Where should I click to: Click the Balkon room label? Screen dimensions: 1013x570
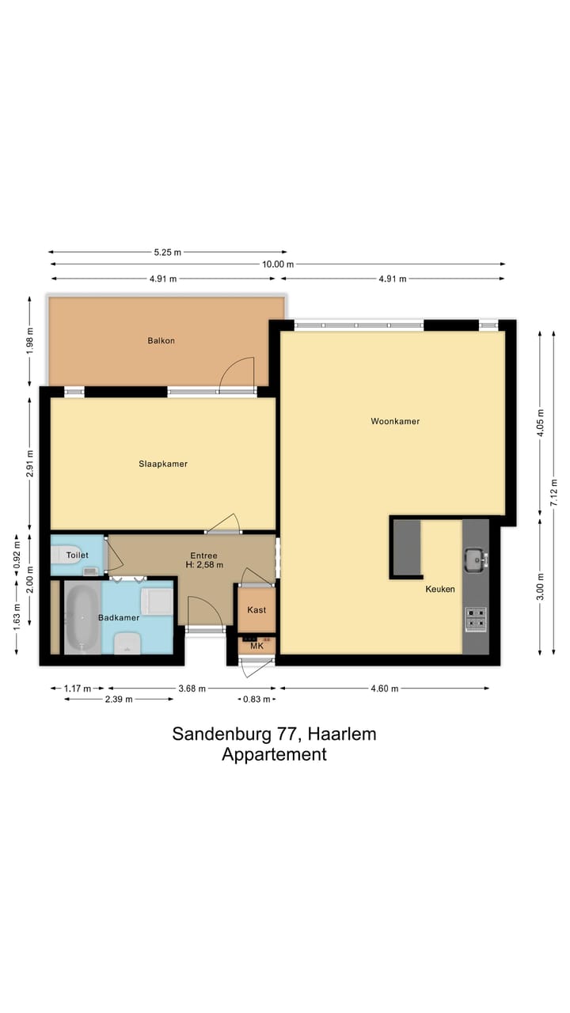tap(161, 341)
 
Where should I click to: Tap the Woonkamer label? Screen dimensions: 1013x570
tap(395, 421)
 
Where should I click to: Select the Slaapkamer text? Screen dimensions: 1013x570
tap(162, 464)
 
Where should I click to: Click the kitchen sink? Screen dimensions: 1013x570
tap(476, 560)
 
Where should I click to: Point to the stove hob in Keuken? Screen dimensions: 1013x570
tap(476, 617)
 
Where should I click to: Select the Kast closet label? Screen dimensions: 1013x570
tap(256, 610)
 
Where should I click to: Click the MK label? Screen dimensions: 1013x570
tap(256, 647)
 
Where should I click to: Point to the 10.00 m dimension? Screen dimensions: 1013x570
tap(278, 264)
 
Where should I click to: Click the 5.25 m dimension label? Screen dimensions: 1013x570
tap(167, 252)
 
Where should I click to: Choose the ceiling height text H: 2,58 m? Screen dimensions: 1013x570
tap(203, 565)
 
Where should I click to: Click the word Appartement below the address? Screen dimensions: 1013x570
tap(274, 754)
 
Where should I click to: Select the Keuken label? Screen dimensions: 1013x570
tap(440, 589)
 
